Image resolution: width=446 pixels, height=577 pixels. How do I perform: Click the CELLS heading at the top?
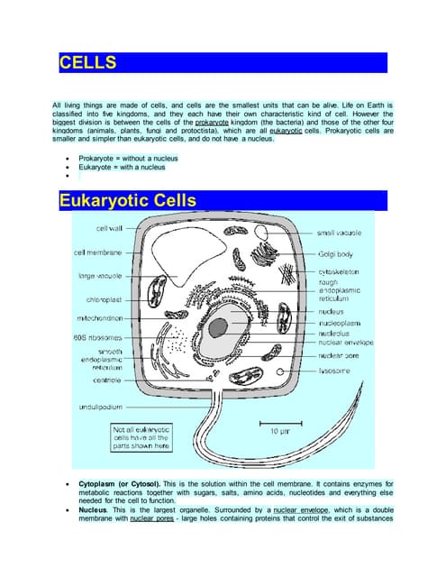coord(87,63)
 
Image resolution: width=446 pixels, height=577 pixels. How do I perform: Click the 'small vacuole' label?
coord(341,233)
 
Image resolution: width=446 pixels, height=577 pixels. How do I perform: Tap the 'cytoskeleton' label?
coord(340,271)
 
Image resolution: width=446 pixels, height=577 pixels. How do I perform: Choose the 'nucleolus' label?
coord(335,333)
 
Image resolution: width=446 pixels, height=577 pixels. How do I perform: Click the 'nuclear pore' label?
coord(340,355)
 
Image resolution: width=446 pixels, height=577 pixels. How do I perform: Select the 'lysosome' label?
coord(335,371)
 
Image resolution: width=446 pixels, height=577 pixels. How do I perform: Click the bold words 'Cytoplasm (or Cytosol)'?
coord(116,485)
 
